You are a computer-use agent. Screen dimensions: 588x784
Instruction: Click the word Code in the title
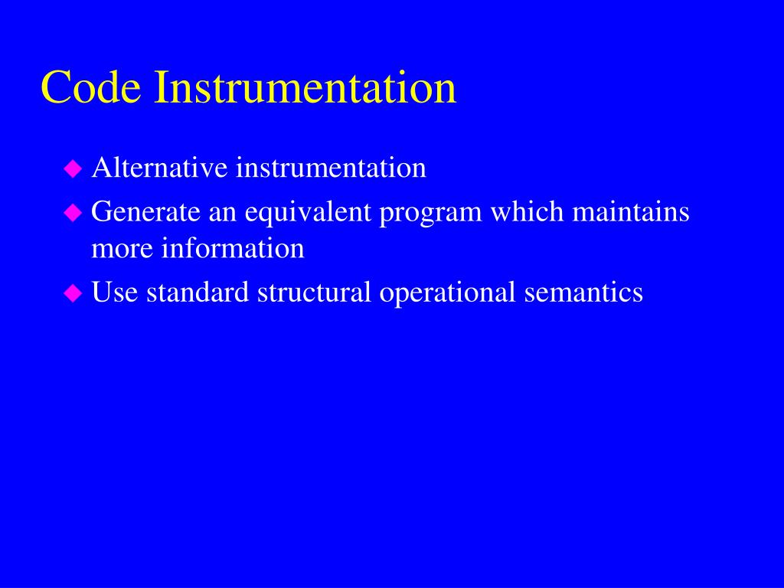(91, 87)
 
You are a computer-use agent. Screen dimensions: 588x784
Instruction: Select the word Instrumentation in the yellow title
(305, 87)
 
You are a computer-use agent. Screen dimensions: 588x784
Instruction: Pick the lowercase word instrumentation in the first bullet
(330, 168)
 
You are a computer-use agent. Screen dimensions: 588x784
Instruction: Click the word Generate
(145, 212)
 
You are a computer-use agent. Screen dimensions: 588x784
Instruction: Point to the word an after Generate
(223, 212)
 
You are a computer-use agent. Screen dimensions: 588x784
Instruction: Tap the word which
(527, 212)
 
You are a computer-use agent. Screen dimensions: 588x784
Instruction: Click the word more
(122, 249)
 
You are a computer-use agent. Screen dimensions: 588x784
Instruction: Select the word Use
(115, 292)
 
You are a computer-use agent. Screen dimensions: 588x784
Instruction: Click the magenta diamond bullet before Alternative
(73, 169)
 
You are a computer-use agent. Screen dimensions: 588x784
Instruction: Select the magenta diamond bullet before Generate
(73, 214)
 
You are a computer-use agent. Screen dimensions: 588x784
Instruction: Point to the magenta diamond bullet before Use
(73, 293)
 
